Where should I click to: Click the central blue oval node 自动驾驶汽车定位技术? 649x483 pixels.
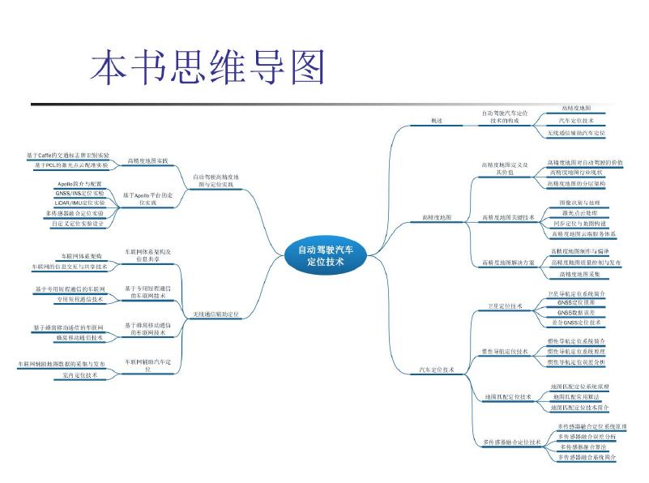(x=326, y=255)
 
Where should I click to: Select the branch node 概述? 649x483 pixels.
(x=437, y=120)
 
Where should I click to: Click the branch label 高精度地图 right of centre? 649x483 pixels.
(x=437, y=217)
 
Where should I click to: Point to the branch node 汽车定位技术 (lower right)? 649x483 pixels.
(x=437, y=370)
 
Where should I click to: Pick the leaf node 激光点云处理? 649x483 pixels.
(x=579, y=212)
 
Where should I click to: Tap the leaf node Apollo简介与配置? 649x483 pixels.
(x=79, y=185)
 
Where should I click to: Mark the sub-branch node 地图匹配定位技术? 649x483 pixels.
(x=507, y=397)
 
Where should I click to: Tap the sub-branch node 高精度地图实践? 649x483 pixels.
(x=147, y=160)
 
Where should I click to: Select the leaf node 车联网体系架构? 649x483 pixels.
(x=82, y=256)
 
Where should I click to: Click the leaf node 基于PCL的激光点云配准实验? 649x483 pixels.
(x=72, y=165)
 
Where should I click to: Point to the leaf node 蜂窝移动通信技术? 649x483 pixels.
(x=81, y=336)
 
